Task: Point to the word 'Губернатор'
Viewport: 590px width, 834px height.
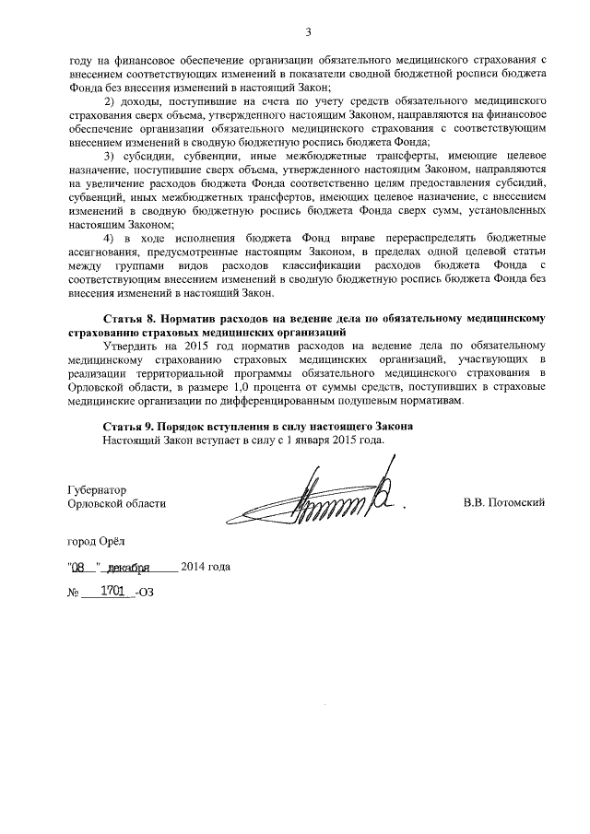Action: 98,490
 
